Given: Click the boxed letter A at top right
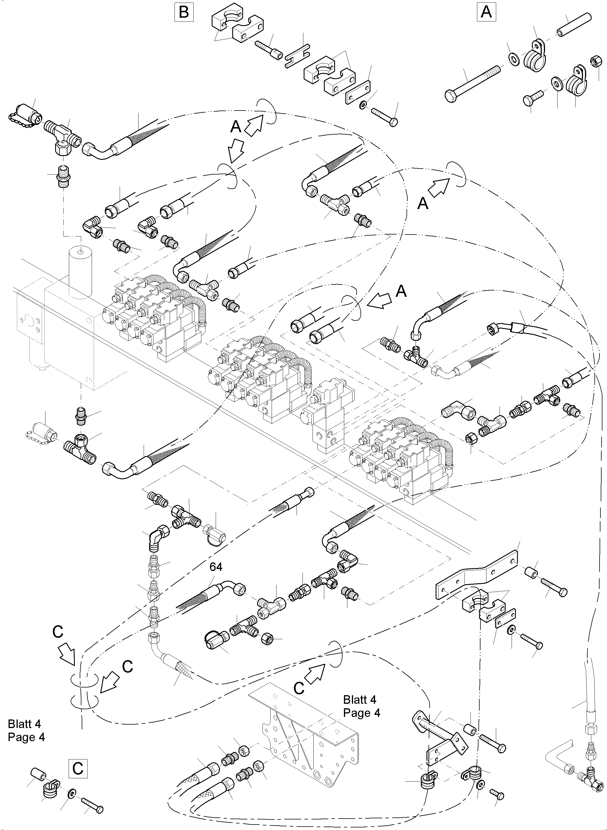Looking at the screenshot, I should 486,12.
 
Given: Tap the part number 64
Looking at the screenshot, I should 216,567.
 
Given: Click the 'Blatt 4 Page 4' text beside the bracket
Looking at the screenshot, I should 361,706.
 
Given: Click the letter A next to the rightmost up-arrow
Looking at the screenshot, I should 423,203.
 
